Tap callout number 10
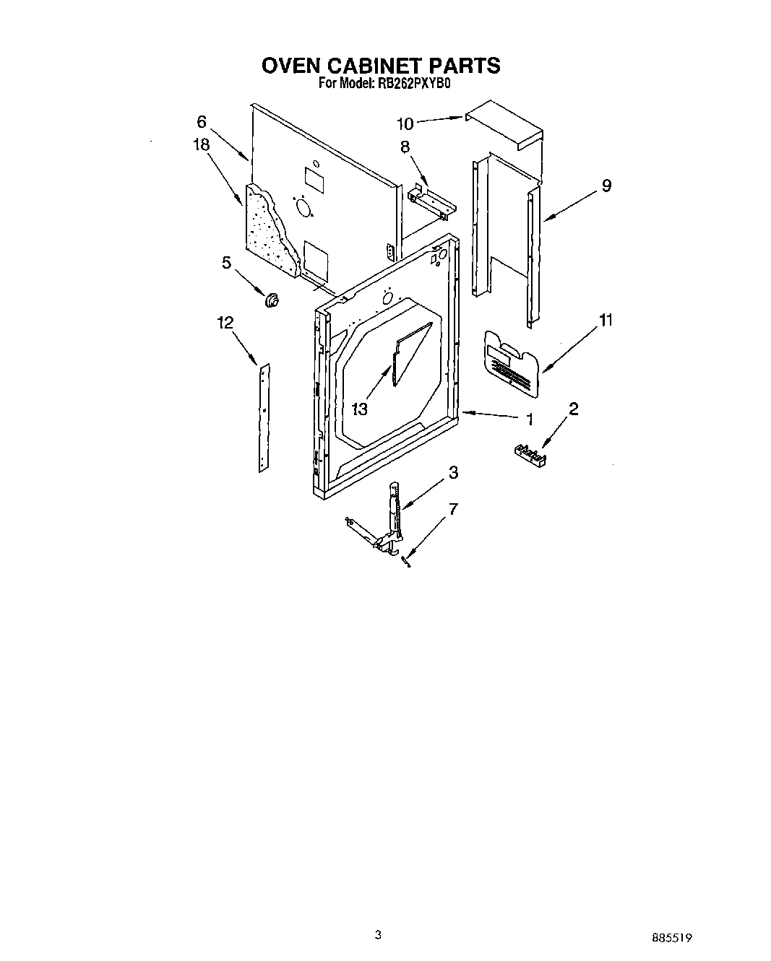(x=405, y=123)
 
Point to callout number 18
(x=201, y=144)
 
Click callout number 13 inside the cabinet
(x=359, y=409)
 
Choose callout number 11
(x=606, y=319)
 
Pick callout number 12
(x=225, y=323)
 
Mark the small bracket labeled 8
(x=431, y=200)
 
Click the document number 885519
(x=673, y=939)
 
